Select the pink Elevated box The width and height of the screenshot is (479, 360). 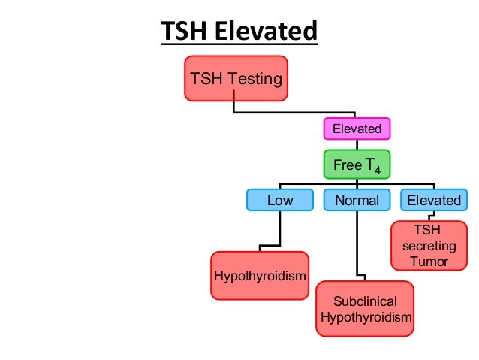357,129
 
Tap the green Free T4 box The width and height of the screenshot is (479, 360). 357,165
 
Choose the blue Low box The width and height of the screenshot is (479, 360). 280,200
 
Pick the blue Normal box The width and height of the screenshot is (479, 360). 357,200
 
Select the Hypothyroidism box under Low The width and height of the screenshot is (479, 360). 260,276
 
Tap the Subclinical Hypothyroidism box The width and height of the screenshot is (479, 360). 365,309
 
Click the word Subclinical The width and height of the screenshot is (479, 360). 365,301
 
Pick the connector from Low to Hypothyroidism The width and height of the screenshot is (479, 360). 279,229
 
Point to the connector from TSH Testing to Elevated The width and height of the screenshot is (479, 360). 293,113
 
